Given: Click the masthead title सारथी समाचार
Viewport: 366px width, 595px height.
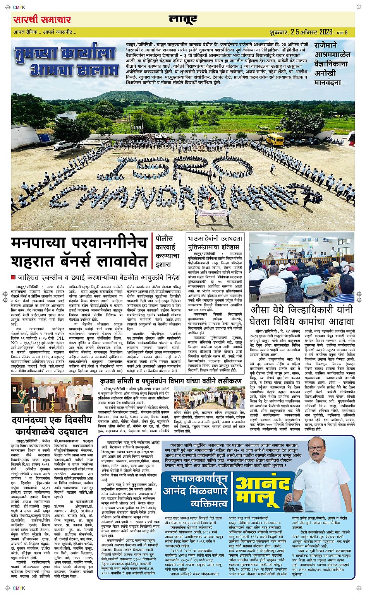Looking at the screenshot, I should tap(42, 19).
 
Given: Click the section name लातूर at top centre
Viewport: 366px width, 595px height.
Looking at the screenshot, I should tap(183, 19).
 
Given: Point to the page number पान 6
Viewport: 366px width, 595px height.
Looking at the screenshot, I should tap(342, 32).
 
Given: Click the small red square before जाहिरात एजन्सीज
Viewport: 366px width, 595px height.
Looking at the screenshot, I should tap(13, 277).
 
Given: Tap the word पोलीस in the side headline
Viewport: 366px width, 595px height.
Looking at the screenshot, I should tap(164, 238).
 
